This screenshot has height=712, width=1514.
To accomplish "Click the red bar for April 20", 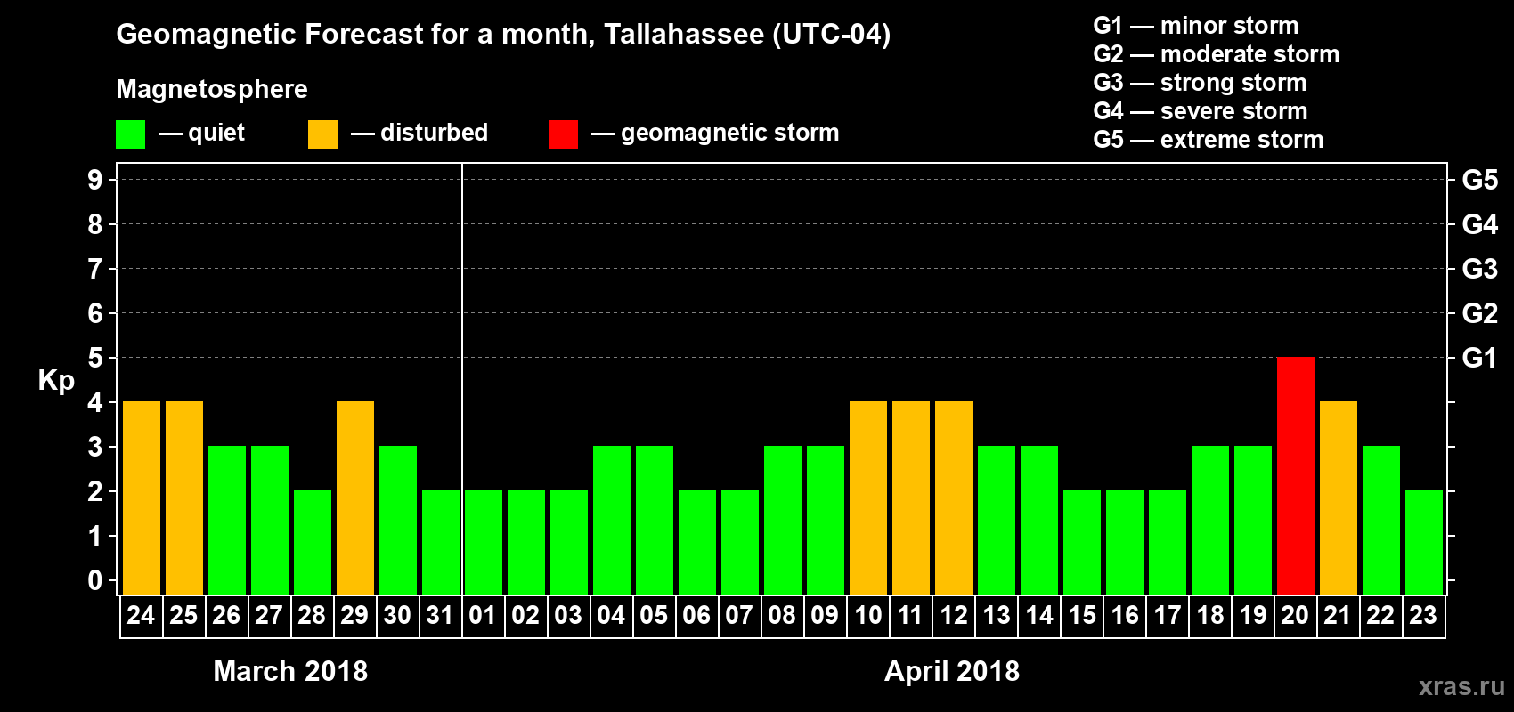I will (1295, 475).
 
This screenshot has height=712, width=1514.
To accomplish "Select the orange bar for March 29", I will (354, 498).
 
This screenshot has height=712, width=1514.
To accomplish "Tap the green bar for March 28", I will (312, 542).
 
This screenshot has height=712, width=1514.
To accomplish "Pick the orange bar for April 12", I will (953, 498).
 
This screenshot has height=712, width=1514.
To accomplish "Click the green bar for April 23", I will (1423, 542).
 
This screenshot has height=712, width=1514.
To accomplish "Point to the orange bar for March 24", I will (141, 498).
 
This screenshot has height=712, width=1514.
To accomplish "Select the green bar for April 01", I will (483, 542).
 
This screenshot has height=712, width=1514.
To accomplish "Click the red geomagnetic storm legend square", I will (563, 134).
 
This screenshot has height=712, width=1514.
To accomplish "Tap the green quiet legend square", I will (130, 134).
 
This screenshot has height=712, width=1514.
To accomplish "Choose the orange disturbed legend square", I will (322, 134).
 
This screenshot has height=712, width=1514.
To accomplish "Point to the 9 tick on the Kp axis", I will (95, 180).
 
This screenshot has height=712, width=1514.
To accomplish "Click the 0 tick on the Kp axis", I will (95, 580).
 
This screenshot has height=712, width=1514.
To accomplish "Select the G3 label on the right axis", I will (1479, 269).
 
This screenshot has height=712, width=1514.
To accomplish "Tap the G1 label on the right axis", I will (1479, 358).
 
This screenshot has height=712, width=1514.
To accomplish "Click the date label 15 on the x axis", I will (1081, 615).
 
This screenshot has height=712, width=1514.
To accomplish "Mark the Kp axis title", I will (56, 381).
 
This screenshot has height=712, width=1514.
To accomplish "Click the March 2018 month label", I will (290, 671).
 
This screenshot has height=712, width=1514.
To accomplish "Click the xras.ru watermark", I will (1461, 686).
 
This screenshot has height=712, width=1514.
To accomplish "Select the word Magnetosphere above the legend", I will (212, 89).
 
